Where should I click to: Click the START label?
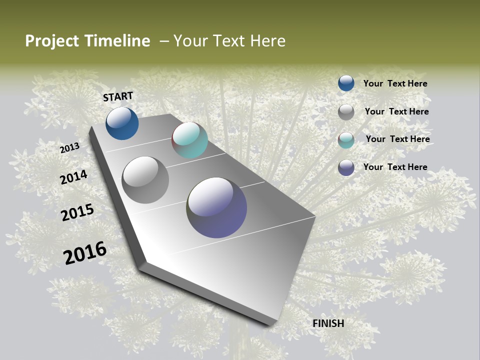[118, 96]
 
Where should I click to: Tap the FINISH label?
[328, 323]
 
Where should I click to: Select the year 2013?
[69, 147]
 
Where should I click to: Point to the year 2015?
[77, 212]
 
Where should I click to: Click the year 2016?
[85, 253]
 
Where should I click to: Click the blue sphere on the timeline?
[122, 123]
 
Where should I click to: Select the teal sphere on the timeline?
[189, 140]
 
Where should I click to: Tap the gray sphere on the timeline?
[145, 180]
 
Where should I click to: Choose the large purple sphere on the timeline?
[216, 207]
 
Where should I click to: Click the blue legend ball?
[346, 83]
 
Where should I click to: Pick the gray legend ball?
[346, 111]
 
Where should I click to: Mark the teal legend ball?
[346, 139]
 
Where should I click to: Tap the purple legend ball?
[346, 167]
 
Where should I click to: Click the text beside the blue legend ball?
[395, 83]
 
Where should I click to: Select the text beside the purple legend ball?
[395, 167]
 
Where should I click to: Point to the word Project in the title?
[52, 41]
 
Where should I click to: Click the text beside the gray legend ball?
[396, 111]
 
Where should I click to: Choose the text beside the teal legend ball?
[397, 139]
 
